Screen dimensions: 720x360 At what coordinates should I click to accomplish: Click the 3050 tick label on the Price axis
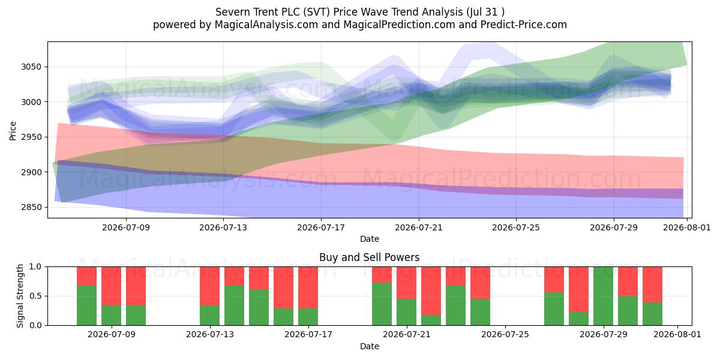[31, 67]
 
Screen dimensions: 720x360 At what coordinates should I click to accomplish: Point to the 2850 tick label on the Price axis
[31, 208]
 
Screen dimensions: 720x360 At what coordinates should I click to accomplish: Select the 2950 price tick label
[31, 137]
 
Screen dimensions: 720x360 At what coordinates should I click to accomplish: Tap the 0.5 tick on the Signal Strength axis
[35, 296]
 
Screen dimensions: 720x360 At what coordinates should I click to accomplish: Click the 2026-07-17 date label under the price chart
[321, 227]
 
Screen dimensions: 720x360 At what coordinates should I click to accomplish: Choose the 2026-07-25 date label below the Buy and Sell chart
[505, 335]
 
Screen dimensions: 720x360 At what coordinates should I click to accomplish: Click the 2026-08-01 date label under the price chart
[687, 227]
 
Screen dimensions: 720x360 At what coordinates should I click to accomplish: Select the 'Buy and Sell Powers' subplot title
[370, 257]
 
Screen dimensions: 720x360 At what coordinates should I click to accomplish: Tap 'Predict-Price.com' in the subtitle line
[524, 25]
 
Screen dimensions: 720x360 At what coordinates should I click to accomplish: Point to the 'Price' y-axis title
[13, 131]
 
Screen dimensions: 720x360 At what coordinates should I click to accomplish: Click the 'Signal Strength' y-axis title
[20, 296]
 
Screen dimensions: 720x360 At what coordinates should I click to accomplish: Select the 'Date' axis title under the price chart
[370, 239]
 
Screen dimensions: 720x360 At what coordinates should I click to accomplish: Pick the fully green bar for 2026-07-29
[604, 296]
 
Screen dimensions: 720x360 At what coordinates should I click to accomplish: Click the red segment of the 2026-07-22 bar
[431, 291]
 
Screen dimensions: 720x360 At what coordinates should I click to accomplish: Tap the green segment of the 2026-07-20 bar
[382, 304]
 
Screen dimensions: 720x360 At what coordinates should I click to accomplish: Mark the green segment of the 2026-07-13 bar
[209, 316]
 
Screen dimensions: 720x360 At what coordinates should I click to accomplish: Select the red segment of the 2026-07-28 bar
[578, 289]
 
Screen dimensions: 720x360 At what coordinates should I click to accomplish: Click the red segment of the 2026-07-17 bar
[308, 287]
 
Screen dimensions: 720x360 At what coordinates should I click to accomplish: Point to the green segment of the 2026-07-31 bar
[653, 314]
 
